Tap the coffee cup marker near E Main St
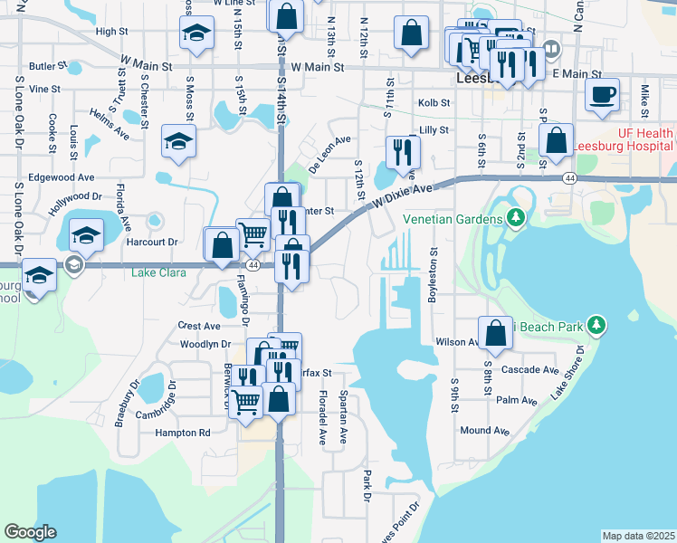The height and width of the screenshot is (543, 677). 602,95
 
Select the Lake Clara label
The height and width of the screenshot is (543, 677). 158,272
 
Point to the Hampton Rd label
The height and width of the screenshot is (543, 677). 183,433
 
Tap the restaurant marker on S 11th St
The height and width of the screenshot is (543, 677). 403,151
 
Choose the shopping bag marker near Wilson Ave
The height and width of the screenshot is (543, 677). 495,333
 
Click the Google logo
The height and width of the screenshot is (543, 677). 30,532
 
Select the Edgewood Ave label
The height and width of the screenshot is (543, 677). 62,177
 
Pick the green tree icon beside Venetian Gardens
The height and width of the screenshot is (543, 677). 516,218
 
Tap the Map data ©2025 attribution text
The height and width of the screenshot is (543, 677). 638,536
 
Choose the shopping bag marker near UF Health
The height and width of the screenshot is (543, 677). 555,140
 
